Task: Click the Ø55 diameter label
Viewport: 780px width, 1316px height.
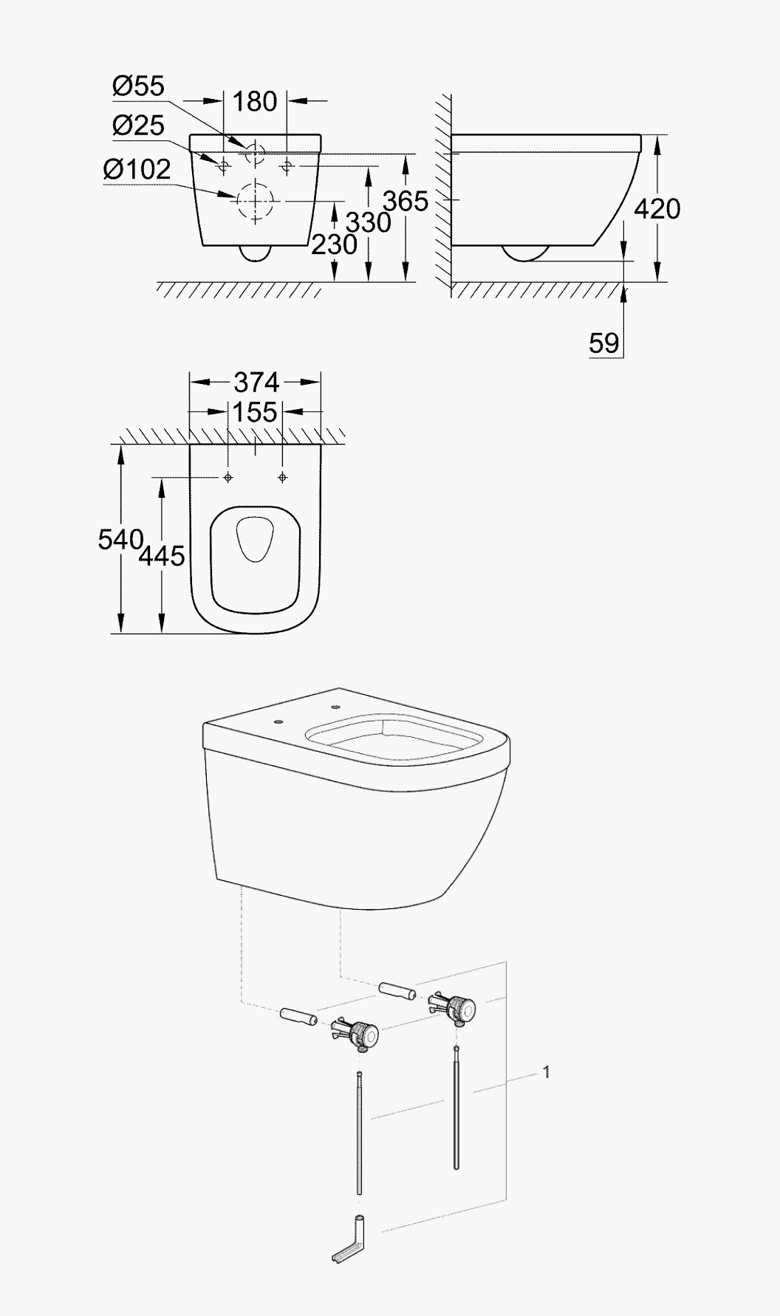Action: point(138,86)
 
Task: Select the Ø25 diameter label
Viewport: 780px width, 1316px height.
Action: point(138,126)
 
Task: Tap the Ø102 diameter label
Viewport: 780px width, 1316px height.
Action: point(137,169)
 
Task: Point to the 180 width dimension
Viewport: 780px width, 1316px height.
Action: point(255,101)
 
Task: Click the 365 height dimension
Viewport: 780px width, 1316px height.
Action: point(406,200)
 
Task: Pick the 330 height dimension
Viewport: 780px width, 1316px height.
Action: point(369,222)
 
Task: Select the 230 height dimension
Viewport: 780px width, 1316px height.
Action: point(334,244)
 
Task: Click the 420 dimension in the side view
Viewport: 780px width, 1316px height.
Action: point(657,209)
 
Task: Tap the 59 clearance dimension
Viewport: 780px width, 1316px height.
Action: point(604,343)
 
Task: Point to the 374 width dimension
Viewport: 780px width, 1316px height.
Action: point(256,382)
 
